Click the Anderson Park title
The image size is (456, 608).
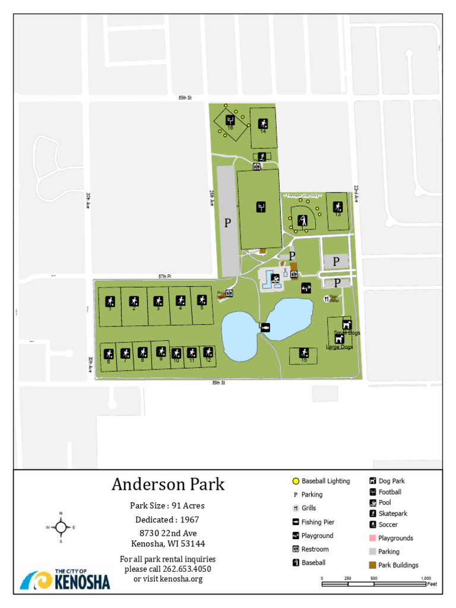click(168, 484)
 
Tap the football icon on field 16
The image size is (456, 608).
click(230, 120)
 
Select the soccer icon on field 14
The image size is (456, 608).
click(263, 123)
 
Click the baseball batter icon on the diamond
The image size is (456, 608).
click(303, 219)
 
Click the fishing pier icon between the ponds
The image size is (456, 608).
click(265, 327)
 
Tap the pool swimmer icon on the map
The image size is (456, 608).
click(275, 277)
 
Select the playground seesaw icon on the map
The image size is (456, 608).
click(306, 288)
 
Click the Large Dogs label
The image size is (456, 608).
click(339, 347)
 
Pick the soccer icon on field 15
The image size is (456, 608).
click(303, 353)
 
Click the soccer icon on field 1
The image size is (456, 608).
click(110, 300)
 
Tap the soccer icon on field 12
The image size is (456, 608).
click(208, 352)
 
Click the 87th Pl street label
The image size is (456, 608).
click(164, 277)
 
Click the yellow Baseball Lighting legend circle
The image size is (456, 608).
click(295, 482)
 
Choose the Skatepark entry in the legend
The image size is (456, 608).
click(392, 514)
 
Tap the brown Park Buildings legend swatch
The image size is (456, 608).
click(372, 565)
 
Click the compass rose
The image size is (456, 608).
click(61, 527)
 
